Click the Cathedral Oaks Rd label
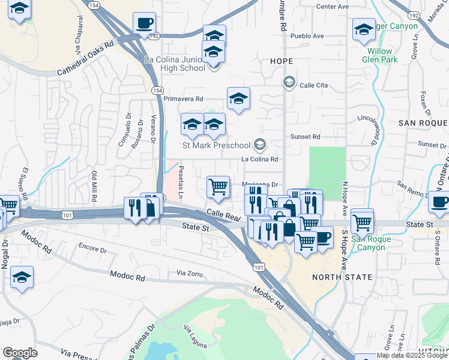(85, 58)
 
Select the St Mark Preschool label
(216, 145)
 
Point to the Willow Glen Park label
(382, 55)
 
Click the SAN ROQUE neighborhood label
(423, 123)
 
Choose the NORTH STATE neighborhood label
(342, 277)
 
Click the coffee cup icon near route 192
(144, 23)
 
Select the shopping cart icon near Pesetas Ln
(218, 187)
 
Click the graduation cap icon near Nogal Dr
(22, 278)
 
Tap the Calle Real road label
(223, 214)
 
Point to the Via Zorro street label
(190, 273)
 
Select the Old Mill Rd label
(94, 187)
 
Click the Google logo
(20, 353)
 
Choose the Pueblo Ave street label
(307, 36)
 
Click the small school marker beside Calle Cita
(289, 80)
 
